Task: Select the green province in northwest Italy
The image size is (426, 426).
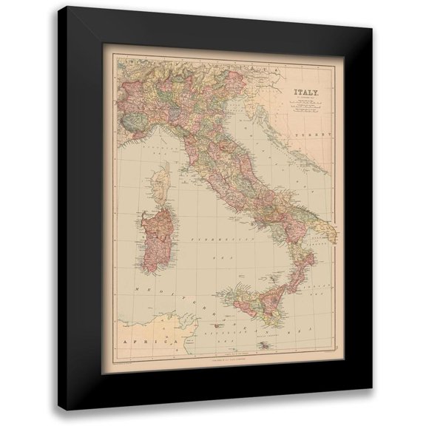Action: [x=133, y=115]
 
